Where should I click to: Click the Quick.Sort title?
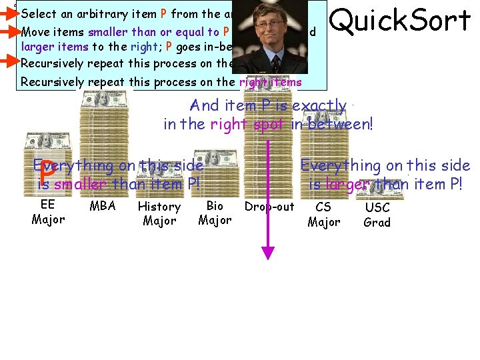pos(400,21)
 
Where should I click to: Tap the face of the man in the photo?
pos(270,30)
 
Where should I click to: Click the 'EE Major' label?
pos(48,212)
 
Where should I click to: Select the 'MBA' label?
pos(103,206)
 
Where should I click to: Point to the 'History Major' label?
pos(159,213)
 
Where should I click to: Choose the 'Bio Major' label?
pos(215,213)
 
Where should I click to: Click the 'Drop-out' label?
pos(269,207)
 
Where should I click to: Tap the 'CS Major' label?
pos(323,214)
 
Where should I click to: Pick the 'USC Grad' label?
pos(377,215)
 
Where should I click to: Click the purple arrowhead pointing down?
pos(268,253)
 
